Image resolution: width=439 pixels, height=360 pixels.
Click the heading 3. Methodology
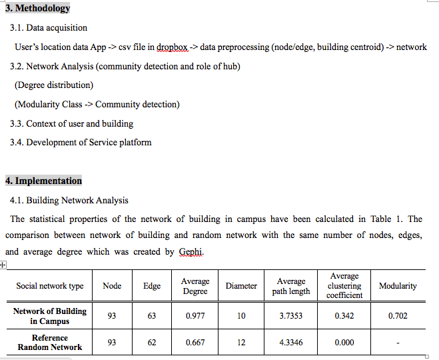click(37, 8)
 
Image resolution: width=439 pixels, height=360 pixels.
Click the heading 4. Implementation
click(43, 181)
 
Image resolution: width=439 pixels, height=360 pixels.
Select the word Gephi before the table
click(191, 252)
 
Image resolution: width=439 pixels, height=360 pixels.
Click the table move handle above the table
click(3, 265)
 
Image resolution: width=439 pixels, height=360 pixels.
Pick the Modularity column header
click(398, 286)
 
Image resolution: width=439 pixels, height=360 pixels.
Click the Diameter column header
click(241, 286)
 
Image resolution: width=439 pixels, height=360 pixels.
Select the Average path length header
click(291, 286)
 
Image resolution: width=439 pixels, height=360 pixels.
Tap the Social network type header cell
click(50, 286)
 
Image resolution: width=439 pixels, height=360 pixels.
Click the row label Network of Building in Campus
click(50, 316)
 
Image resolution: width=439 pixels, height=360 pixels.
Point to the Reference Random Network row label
click(50, 343)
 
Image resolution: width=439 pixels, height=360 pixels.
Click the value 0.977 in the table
click(195, 316)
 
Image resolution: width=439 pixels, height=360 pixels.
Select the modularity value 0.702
click(398, 316)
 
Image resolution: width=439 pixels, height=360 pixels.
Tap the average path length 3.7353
click(291, 316)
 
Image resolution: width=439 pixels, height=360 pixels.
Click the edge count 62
click(152, 343)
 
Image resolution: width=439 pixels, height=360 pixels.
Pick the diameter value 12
click(241, 343)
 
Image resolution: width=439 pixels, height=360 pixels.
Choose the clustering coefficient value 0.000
click(344, 343)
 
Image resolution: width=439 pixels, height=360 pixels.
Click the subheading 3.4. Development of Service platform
click(81, 142)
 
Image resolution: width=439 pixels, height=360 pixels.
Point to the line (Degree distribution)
click(54, 85)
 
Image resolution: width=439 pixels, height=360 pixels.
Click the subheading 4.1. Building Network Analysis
click(69, 200)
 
